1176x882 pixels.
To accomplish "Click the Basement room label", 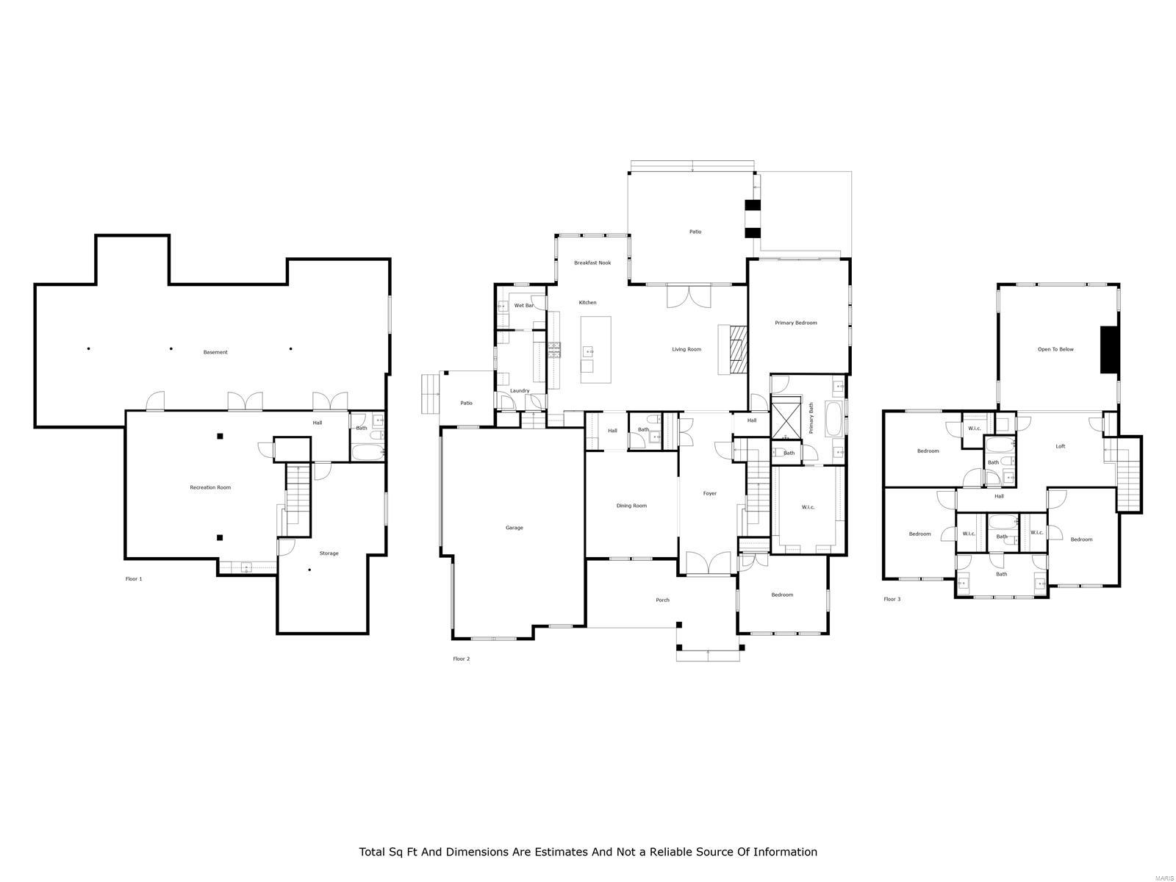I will pos(215,352).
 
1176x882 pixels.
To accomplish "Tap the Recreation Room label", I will pos(210,487).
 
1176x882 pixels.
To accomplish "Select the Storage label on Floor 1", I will pos(329,553).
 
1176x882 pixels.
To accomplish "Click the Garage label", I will pos(514,528).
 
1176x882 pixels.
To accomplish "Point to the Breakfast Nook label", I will pos(592,262).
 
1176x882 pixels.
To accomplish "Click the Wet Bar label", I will pos(523,305).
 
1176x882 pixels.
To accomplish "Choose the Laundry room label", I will pos(520,390).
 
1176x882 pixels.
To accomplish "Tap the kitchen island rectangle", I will pos(595,349).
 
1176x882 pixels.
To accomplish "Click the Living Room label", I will pos(686,349).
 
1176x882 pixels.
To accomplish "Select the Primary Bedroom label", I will pos(795,323).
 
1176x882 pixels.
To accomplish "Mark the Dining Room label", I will pos(631,506).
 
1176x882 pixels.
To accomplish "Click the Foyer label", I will pos(709,493).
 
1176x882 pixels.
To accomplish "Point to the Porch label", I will pos(662,600).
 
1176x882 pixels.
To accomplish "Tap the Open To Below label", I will pos(1055,349).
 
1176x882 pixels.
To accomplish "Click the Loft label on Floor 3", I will pos(1060,446).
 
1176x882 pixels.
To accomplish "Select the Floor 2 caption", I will pos(461,659).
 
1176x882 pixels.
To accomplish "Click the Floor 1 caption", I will pos(134,578).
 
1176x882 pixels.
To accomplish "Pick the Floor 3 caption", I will pos(892,599).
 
